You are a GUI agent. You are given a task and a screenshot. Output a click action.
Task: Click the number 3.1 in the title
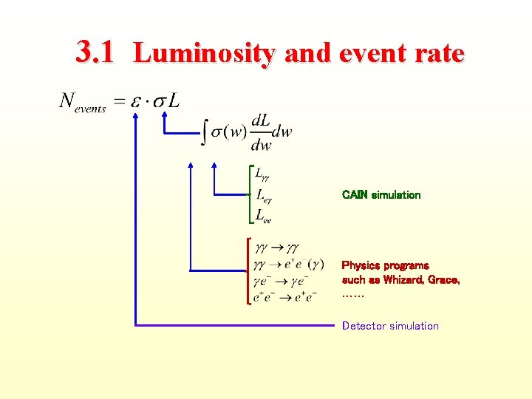point(95,52)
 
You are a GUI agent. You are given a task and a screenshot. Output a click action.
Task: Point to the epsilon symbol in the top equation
point(136,102)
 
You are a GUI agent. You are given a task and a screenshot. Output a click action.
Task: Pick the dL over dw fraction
point(261,132)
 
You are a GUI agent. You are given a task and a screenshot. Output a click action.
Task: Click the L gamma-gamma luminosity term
point(262,175)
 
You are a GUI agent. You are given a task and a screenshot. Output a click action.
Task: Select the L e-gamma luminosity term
point(264,196)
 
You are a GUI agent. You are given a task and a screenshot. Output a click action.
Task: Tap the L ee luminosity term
point(263,216)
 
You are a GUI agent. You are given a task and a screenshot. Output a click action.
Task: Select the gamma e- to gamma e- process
point(282,281)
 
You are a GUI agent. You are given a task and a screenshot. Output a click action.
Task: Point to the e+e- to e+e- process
point(284,296)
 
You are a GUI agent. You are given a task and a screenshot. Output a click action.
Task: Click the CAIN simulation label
point(381,195)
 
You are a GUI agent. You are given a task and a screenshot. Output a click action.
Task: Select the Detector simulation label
point(390,326)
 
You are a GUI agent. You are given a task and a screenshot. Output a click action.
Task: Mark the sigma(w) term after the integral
point(228,132)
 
